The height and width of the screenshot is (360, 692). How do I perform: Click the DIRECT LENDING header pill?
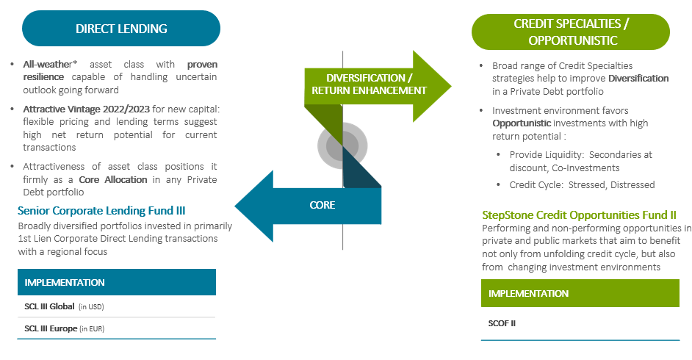[x=121, y=29]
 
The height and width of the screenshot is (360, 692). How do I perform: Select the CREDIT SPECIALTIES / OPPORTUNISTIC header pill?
[x=570, y=32]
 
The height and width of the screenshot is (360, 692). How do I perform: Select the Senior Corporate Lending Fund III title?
[x=107, y=211]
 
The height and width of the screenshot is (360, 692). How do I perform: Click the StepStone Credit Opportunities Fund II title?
[x=579, y=215]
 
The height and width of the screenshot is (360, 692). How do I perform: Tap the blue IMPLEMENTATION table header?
[x=117, y=282]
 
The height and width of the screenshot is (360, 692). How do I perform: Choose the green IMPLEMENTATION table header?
[x=580, y=294]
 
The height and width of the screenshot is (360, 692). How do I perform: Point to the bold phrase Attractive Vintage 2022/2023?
[x=88, y=109]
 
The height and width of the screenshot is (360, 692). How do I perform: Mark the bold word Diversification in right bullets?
[x=638, y=79]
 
